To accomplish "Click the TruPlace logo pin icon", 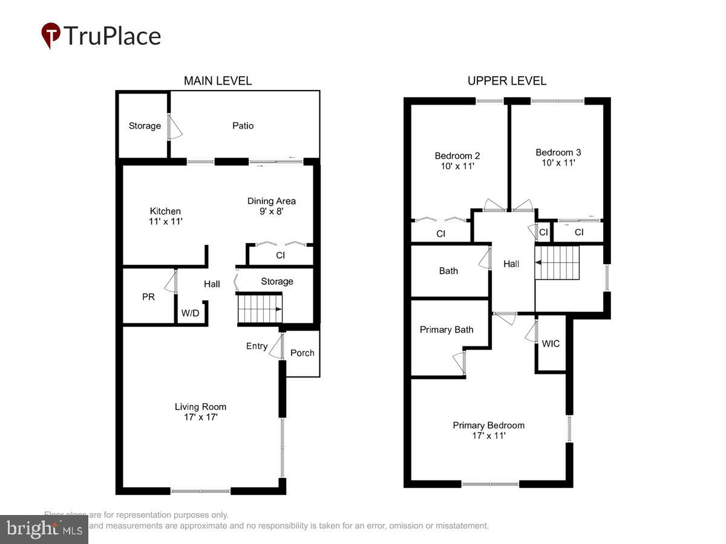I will point(51,34).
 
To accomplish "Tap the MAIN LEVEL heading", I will point(218,81).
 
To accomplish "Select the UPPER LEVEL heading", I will point(507,81).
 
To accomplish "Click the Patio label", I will point(243,126).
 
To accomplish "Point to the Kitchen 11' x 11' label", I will point(166,216).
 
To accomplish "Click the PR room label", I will point(148,297).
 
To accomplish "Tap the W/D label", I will point(191,313).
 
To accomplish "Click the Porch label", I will point(302,352).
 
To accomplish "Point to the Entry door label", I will point(257,346).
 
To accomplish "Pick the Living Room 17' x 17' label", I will point(201,412).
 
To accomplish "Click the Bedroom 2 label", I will point(457,160).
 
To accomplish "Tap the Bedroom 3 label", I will point(558,157).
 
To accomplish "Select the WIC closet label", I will point(551,343).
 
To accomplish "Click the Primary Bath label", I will point(446,329).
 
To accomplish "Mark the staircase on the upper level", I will point(557,262).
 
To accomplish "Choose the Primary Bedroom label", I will point(489,430).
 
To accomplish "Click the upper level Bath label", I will point(448,271).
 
